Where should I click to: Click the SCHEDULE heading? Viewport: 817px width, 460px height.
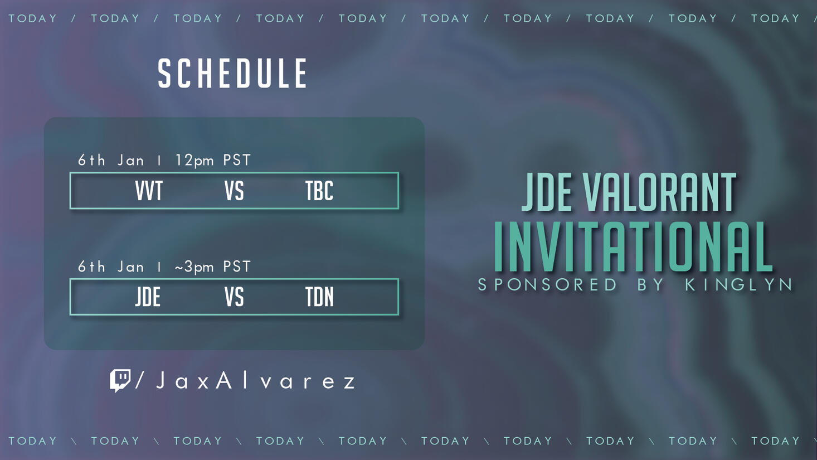(232, 74)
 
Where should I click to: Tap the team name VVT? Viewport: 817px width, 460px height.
(149, 191)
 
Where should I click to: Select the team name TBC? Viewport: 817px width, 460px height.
(319, 191)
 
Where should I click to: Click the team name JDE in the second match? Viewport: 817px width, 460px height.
(148, 297)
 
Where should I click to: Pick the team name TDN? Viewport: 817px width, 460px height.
(319, 297)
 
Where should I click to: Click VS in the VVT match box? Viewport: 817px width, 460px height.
(234, 191)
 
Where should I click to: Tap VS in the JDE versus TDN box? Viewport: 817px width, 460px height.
(234, 297)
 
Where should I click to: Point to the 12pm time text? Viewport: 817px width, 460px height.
(194, 161)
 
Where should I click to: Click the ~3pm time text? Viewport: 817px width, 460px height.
(194, 267)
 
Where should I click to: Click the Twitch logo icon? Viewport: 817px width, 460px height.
(120, 380)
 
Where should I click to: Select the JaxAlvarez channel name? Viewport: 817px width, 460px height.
(256, 381)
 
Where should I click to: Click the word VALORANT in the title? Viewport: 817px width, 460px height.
(660, 193)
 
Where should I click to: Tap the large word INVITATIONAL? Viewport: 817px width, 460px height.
(633, 247)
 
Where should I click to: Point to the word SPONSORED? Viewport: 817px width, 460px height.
(548, 285)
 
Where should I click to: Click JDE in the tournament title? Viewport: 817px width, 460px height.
(547, 193)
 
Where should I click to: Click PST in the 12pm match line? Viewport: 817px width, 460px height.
(237, 161)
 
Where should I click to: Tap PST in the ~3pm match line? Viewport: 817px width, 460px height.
(237, 267)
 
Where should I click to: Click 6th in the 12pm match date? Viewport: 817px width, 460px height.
(91, 161)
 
